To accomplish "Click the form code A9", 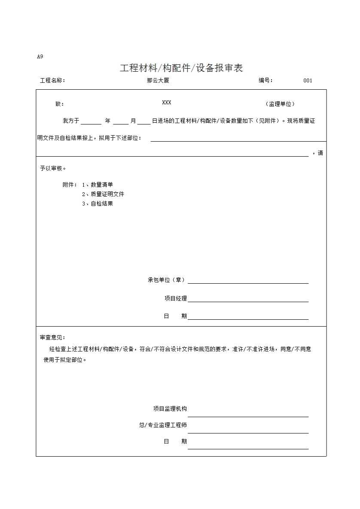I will [x=40, y=56].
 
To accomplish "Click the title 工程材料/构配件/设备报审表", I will [x=181, y=68].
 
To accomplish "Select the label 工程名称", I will [x=52, y=81].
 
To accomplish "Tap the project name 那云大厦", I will [x=155, y=80].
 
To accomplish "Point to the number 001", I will [x=308, y=81].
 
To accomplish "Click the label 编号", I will [x=265, y=80].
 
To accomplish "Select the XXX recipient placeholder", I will [x=167, y=103].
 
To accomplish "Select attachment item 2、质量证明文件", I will [x=103, y=194].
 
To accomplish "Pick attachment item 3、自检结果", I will [x=98, y=204].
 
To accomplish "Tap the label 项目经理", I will [x=175, y=299].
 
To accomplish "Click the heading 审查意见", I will [x=52, y=338].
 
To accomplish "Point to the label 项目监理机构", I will [x=170, y=409].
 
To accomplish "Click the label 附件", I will [x=70, y=185].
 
